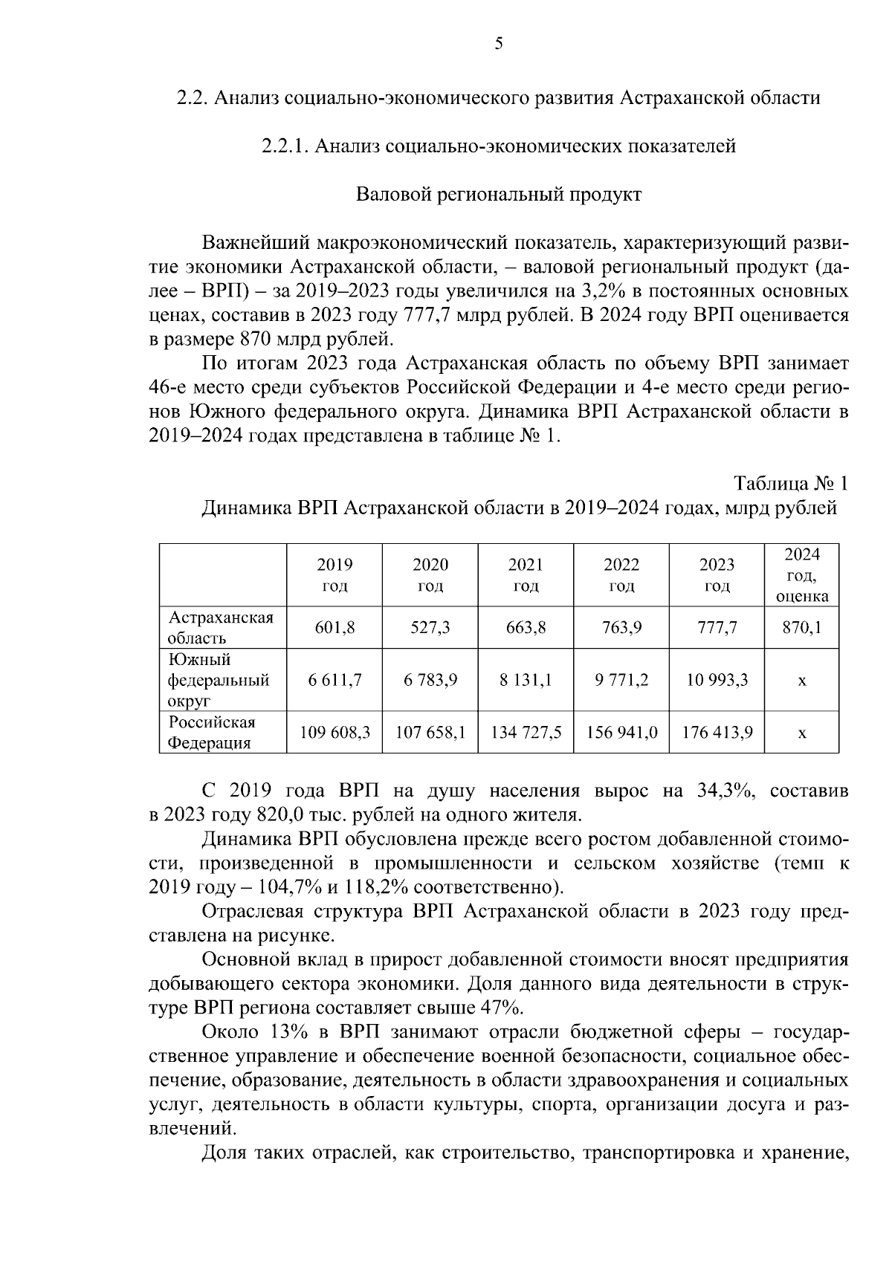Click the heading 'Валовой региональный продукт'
click(x=498, y=195)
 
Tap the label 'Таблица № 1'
click(x=791, y=484)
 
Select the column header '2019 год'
click(x=334, y=575)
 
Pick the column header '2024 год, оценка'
click(x=802, y=575)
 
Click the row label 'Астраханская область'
click(x=221, y=628)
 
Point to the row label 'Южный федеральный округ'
click(x=219, y=680)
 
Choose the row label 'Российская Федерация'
click(x=212, y=733)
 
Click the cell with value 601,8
click(x=334, y=628)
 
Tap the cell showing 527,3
click(x=430, y=628)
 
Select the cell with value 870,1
click(x=802, y=628)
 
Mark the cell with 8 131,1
click(x=526, y=680)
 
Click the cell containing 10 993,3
click(x=717, y=680)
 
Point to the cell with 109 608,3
click(x=334, y=733)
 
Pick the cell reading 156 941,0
click(x=621, y=733)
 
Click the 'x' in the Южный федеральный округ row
click(x=802, y=680)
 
